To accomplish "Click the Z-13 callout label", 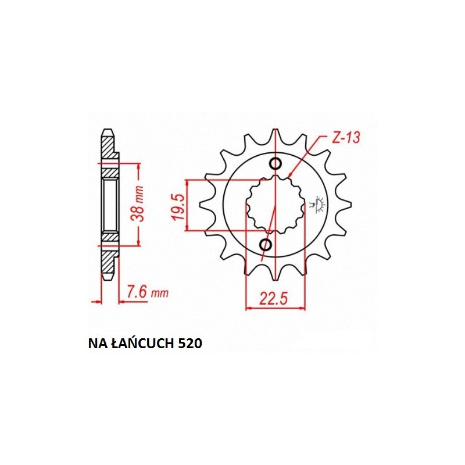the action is pos(346,138).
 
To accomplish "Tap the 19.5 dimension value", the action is pos(180,207).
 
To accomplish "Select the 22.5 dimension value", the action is pos(274,299).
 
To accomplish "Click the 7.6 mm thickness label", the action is pos(148,292).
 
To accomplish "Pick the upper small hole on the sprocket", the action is pos(276,164).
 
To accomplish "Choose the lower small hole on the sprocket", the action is pos(266,245).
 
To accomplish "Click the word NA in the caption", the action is pos(95,343).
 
